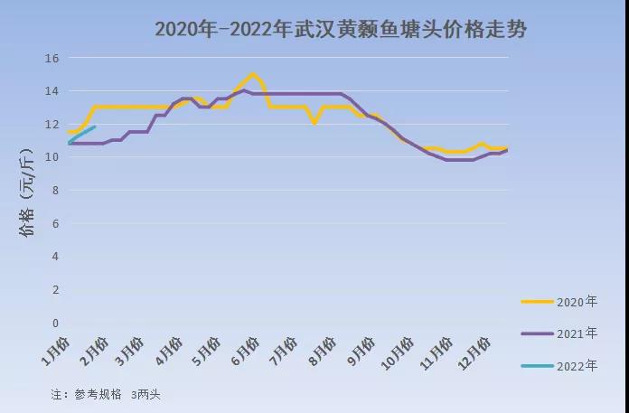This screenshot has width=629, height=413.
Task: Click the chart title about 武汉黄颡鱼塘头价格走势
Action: [340, 29]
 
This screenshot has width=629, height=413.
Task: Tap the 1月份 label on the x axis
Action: [55, 352]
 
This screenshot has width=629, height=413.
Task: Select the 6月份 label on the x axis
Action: [245, 352]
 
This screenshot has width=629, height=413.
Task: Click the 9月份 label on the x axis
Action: [359, 352]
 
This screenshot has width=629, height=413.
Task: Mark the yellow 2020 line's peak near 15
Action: [253, 74]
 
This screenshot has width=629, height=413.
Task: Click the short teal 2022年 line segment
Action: [82, 134]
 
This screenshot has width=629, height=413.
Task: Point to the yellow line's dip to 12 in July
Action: [314, 123]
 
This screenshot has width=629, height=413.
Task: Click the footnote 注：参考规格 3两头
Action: [106, 394]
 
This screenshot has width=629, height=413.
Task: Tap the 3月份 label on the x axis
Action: [131, 352]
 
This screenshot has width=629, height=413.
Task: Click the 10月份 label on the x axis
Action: [397, 352]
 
